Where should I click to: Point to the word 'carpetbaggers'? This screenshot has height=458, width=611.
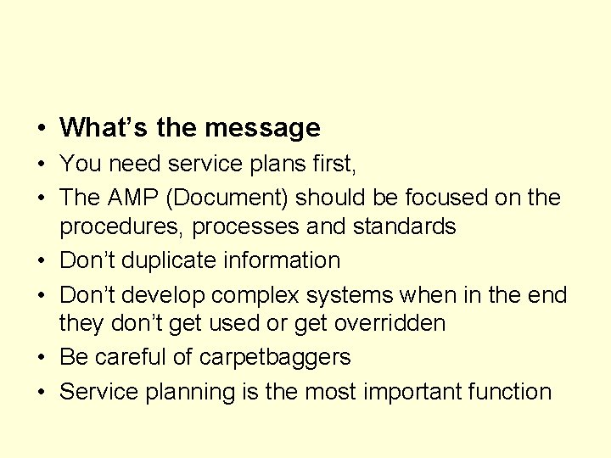[275, 358]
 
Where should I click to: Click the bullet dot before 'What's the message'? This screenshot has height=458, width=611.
[41, 129]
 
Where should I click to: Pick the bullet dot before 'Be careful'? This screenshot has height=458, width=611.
[41, 358]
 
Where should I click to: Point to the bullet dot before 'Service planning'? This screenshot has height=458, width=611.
[41, 392]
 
